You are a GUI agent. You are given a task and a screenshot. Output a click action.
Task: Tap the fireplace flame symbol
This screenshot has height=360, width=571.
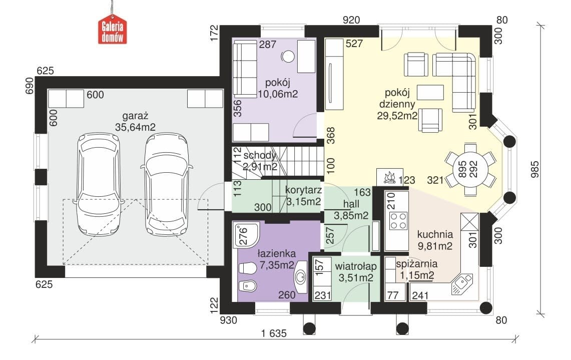click(x=389, y=177)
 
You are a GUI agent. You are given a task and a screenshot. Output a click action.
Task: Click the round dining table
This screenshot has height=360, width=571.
click(x=470, y=169)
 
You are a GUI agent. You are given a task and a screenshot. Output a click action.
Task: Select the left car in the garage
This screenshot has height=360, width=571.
click(x=98, y=184)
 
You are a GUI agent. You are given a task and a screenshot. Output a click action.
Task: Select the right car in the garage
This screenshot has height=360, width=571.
click(x=167, y=184)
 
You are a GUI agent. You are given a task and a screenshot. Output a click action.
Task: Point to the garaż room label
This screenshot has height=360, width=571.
click(x=135, y=116)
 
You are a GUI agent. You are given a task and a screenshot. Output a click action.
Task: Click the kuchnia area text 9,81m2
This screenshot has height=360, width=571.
click(x=435, y=246)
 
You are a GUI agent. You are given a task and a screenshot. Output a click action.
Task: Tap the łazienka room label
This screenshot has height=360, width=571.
click(x=277, y=253)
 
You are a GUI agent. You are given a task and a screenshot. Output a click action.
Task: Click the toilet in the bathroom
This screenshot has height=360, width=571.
click(x=248, y=268)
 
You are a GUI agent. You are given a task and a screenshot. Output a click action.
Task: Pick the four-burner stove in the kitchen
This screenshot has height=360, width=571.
click(x=398, y=220)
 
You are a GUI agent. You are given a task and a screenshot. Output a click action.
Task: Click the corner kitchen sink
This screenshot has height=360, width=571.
click(x=461, y=283)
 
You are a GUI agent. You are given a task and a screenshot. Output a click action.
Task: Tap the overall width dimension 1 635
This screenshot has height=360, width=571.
click(x=274, y=333)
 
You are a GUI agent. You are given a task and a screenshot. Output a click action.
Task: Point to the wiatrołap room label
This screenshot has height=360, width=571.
click(x=356, y=266)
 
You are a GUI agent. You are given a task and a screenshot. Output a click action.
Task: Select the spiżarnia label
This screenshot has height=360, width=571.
click(x=416, y=264)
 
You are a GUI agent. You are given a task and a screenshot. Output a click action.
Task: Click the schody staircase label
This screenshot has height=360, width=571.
click(x=260, y=156)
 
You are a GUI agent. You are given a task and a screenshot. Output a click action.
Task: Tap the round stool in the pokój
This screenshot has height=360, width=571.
click(x=288, y=57)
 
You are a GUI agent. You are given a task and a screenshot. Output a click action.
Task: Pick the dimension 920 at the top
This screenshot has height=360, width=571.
click(x=351, y=20)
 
